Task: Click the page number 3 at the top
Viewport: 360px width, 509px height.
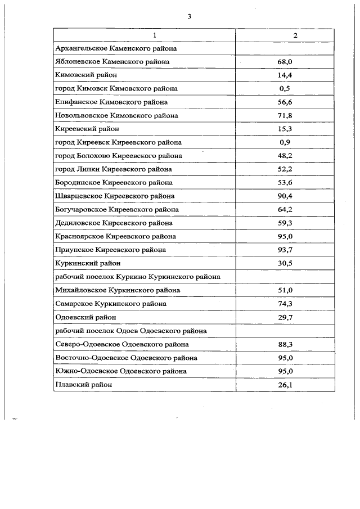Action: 190,16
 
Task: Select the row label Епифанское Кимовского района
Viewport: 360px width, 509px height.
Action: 111,102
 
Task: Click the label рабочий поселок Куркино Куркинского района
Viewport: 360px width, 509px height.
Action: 138,277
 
